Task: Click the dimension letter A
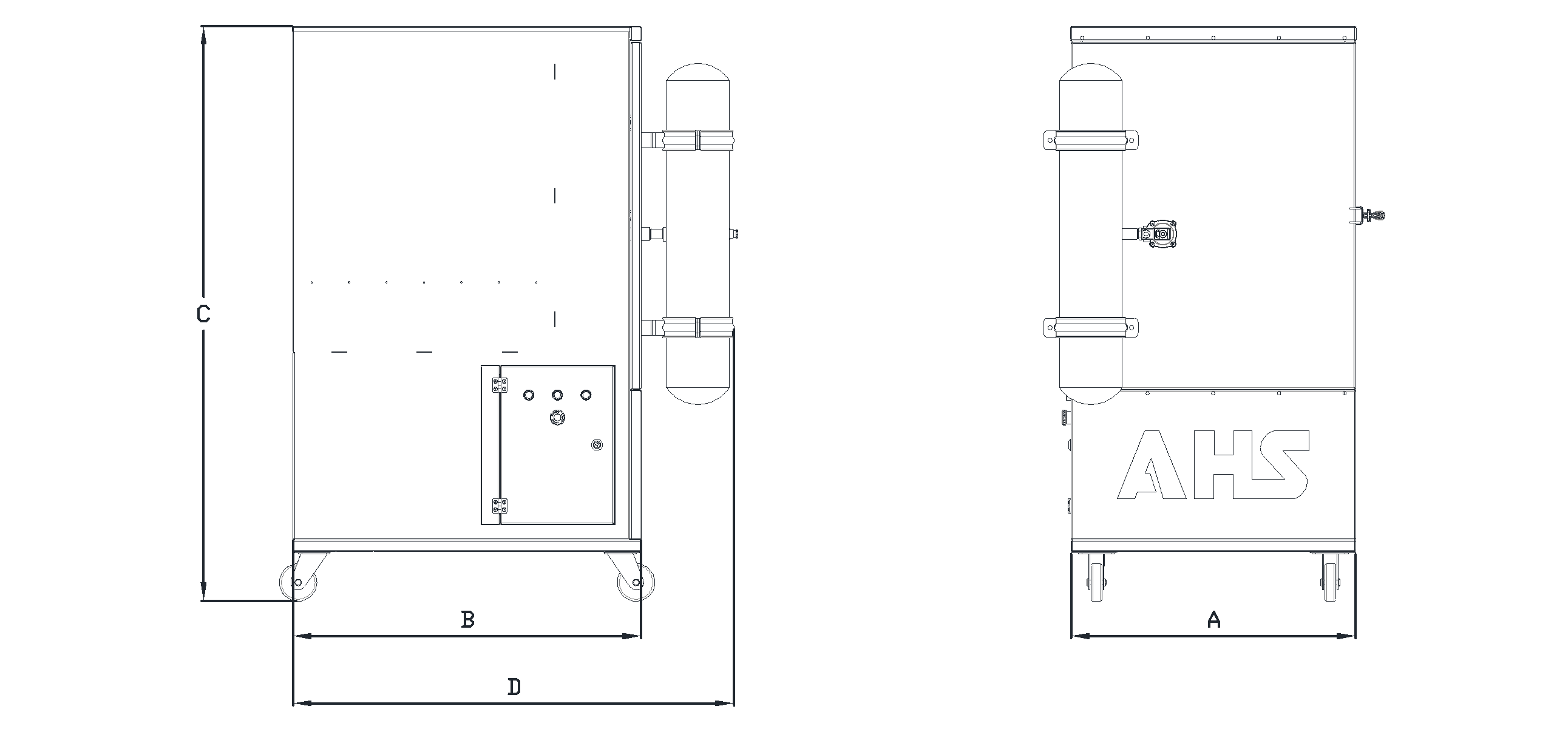tap(1213, 620)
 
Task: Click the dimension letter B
tap(467, 620)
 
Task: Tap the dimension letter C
tap(204, 314)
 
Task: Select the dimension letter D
tap(514, 687)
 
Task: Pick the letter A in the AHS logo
tap(1151, 465)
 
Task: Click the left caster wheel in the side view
tap(297, 583)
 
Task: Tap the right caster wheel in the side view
tap(636, 583)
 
